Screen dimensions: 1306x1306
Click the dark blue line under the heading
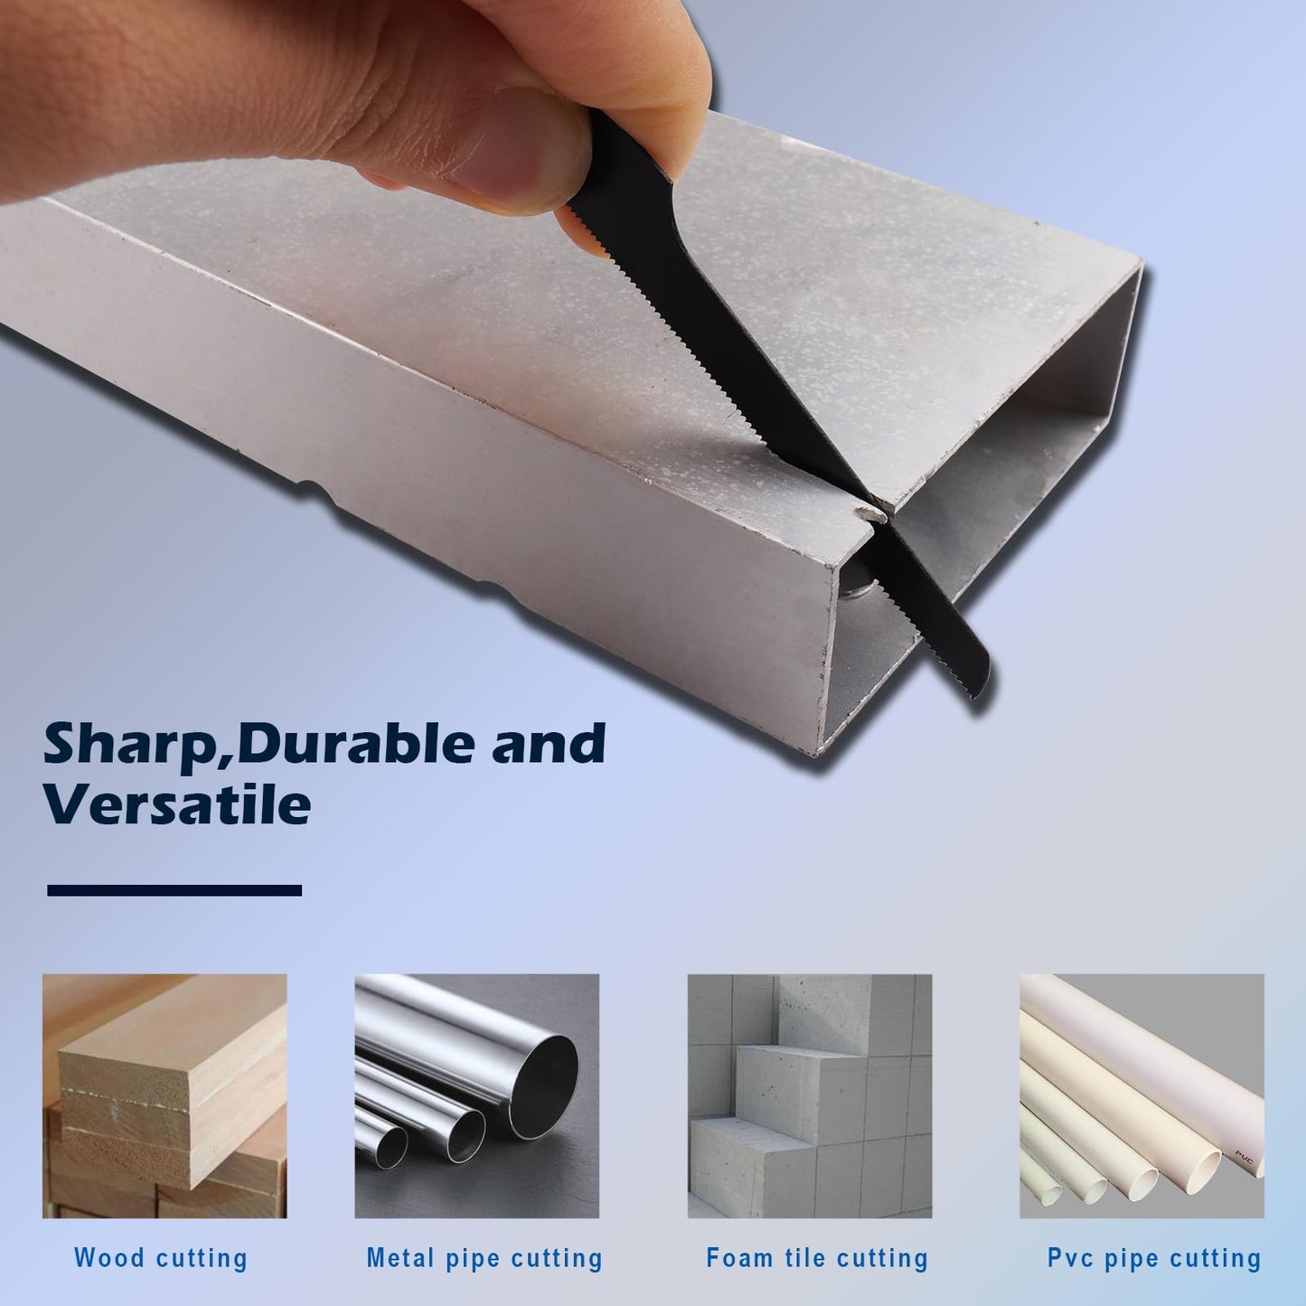point(174,890)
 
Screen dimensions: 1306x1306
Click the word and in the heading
point(549,743)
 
